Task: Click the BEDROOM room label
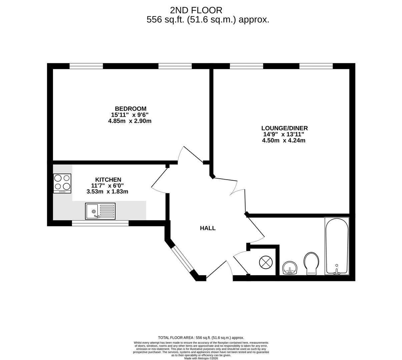tap(130, 109)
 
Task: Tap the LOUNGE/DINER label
tap(284, 128)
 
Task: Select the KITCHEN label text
tap(108, 180)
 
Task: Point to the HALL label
tap(208, 228)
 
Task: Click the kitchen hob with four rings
tap(62, 183)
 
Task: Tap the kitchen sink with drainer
tap(100, 211)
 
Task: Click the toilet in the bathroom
tap(311, 263)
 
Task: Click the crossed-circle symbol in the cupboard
tap(266, 262)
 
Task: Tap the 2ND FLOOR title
tap(196, 10)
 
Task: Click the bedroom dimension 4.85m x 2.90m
tap(130, 121)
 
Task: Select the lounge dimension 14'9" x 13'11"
tap(284, 134)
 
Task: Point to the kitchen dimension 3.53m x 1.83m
tap(107, 192)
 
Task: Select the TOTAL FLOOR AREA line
tap(201, 338)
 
